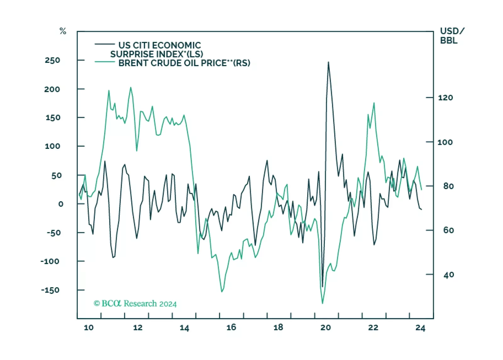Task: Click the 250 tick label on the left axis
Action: coord(52,60)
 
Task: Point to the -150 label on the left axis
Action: coord(50,290)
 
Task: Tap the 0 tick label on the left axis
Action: coord(60,204)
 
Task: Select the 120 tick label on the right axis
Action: coord(445,98)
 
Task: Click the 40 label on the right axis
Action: coord(449,275)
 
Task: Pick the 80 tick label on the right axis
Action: coord(449,186)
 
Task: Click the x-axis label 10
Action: coord(88,328)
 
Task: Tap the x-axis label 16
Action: coord(231,328)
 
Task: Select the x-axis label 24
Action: coord(420,328)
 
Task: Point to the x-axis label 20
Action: coord(325,328)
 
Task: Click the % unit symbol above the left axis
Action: coord(63,31)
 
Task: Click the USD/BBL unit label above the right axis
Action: coord(452,36)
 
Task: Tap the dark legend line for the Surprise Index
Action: coord(105,44)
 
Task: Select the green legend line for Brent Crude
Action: coord(105,62)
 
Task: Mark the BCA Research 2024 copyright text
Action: coord(135,304)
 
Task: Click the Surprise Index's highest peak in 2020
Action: coord(328,62)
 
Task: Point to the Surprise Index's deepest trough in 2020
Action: coord(322,287)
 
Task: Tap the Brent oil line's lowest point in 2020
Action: coord(322,303)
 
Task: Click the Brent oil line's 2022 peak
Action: coord(374,103)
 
